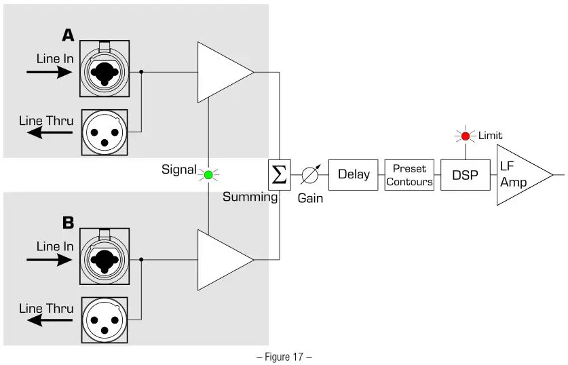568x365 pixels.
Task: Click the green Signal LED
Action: (x=208, y=175)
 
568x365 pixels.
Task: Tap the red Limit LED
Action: (x=465, y=136)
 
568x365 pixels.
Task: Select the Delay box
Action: (x=353, y=175)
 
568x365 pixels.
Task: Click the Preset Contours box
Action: (x=409, y=175)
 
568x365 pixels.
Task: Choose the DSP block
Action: (x=465, y=175)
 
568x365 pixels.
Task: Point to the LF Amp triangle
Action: (x=518, y=175)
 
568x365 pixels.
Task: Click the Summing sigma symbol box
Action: (x=279, y=175)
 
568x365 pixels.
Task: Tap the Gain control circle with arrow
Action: (x=309, y=175)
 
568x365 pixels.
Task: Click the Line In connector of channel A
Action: (x=103, y=65)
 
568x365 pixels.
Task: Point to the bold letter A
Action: (x=68, y=35)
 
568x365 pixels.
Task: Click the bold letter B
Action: (x=68, y=222)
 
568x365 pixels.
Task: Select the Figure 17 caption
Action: (x=284, y=356)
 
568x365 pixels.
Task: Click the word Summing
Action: (x=250, y=197)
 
